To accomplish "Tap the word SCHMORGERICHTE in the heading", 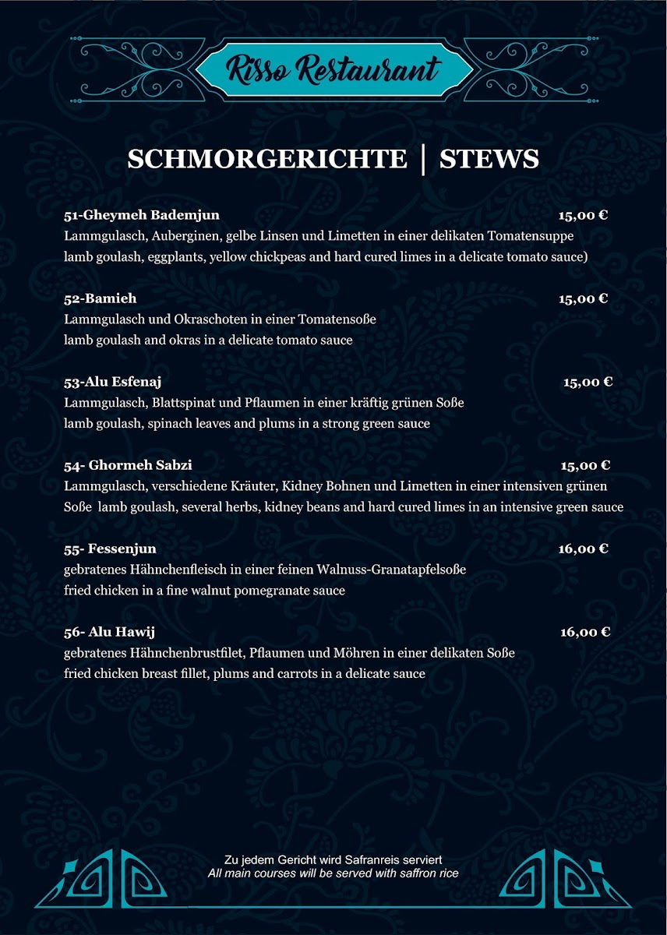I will [266, 159].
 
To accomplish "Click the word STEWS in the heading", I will [489, 159].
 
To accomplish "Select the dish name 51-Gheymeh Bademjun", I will [141, 215].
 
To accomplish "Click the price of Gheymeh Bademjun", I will [583, 215].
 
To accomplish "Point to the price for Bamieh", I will [583, 298].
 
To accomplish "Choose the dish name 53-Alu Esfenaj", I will [112, 382].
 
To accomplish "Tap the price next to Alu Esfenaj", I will [588, 382].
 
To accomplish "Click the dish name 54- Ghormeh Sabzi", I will [128, 465].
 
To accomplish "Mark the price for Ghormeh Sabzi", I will [585, 465].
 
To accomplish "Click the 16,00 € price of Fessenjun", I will [583, 549].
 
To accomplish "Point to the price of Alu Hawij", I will [584, 632].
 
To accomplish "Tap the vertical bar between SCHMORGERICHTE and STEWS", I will [423, 159].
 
